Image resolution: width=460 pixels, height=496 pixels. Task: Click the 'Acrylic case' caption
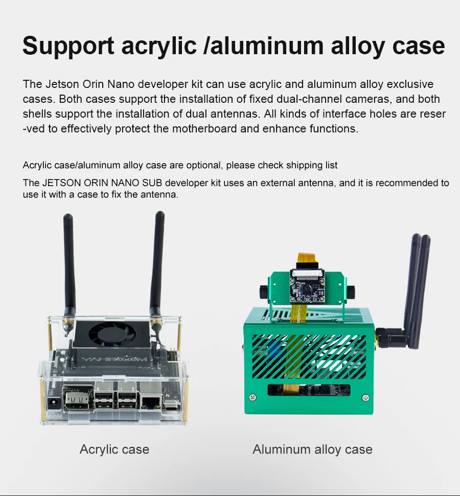114,450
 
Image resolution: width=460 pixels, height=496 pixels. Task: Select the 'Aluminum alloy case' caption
312,450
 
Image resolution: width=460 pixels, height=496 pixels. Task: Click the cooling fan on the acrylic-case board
108,334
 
